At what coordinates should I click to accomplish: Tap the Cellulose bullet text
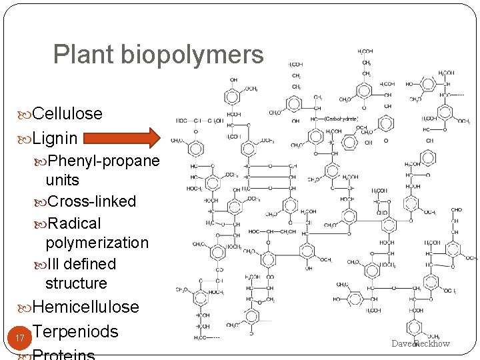(67, 113)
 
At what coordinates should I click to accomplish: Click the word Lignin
(55, 139)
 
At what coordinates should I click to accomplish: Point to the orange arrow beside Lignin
(123, 138)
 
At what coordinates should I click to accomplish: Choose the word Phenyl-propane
(103, 161)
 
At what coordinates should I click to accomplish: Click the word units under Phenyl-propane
(63, 180)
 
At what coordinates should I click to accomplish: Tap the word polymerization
(97, 243)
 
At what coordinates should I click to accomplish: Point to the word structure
(76, 283)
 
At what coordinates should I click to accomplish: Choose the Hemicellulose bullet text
(85, 307)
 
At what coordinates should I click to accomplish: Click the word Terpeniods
(75, 331)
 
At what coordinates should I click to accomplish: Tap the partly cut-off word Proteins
(63, 354)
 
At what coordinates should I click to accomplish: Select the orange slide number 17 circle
(19, 339)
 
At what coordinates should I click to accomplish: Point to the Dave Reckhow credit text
(421, 344)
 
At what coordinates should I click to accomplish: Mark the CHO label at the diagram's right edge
(456, 209)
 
